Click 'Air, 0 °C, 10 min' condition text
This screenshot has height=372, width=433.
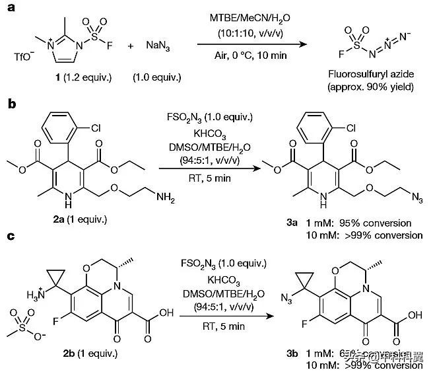coord(253,56)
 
